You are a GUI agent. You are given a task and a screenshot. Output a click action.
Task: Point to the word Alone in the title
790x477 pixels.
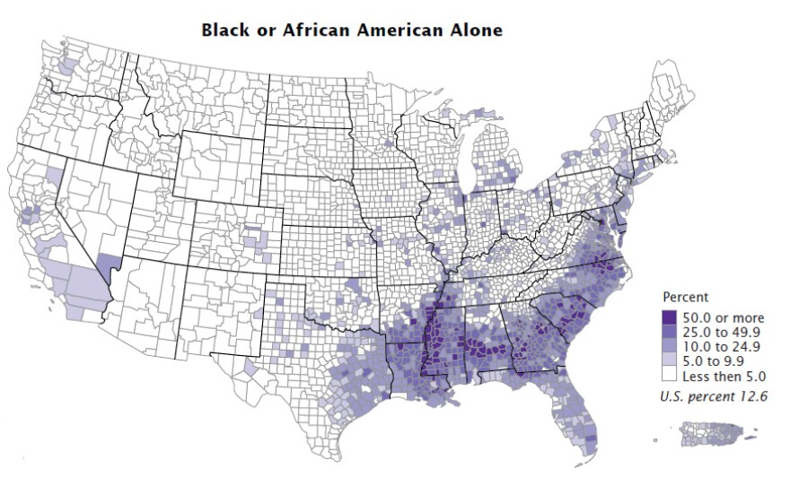tap(477, 30)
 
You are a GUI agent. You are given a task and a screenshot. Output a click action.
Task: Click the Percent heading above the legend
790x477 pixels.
tap(685, 296)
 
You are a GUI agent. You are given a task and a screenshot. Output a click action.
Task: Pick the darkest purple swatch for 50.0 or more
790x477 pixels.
tap(670, 317)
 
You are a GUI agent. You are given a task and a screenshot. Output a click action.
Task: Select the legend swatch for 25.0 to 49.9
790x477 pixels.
tap(670, 331)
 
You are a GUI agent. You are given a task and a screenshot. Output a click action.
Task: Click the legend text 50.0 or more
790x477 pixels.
tap(723, 317)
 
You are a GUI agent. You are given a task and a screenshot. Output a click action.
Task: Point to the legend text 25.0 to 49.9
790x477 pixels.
tap(722, 331)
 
